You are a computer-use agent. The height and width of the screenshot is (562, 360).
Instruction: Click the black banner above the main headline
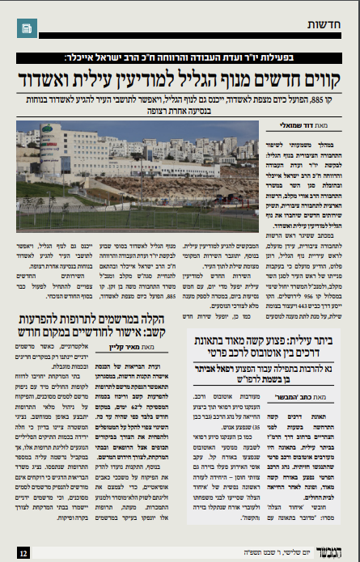click(180, 59)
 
